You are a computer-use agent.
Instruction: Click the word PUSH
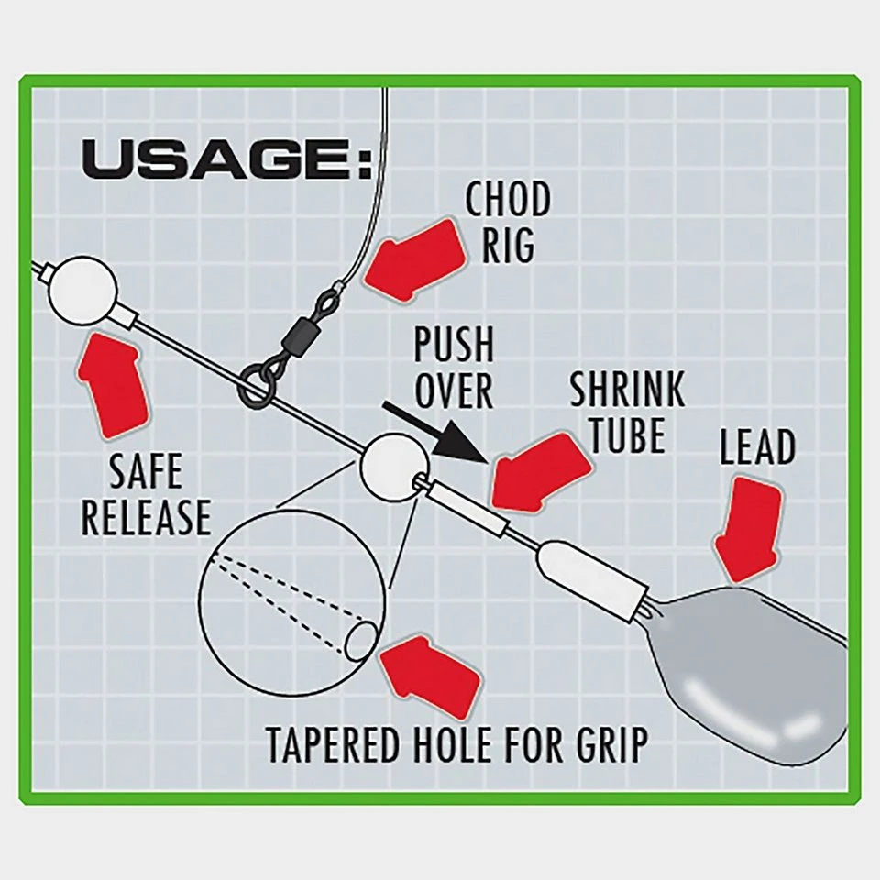pyautogui.click(x=453, y=346)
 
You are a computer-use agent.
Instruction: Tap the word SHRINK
pyautogui.click(x=626, y=390)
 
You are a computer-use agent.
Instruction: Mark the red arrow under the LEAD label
pyautogui.click(x=749, y=533)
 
